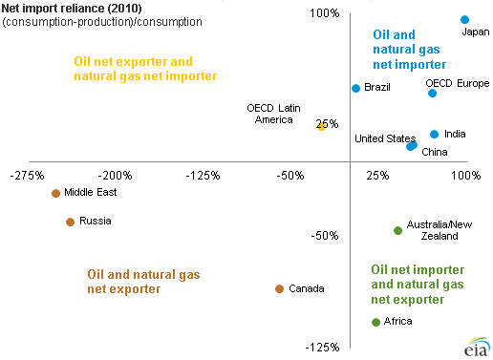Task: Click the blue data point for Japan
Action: (465, 19)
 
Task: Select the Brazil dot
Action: (355, 88)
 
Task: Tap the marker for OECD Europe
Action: (432, 93)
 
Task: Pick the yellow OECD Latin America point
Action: (322, 126)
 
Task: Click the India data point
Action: (434, 135)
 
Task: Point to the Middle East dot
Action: (55, 193)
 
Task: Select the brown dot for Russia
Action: (70, 222)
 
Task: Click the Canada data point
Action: (279, 288)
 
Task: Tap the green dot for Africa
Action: (375, 322)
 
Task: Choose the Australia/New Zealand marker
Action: (398, 230)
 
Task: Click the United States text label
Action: (385, 138)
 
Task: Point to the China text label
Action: (434, 152)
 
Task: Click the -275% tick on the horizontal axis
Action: (29, 176)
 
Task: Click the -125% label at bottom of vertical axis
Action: (322, 347)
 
